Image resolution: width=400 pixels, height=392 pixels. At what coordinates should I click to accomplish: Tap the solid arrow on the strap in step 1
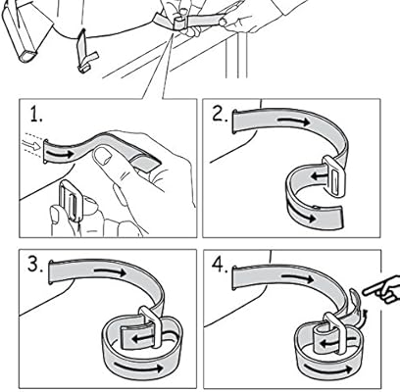[x=64, y=154]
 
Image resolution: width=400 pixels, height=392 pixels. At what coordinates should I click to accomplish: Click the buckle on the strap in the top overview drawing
[x=179, y=21]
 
